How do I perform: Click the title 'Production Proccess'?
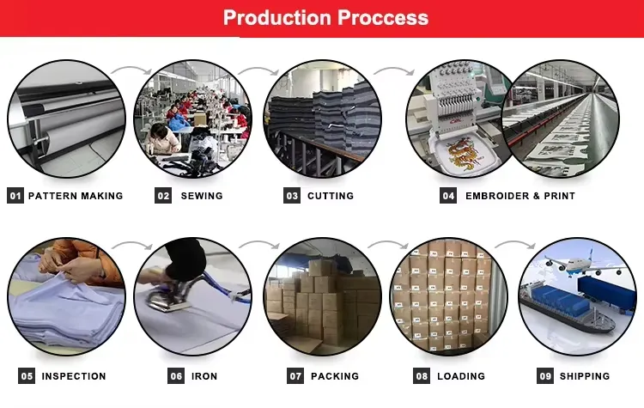pos(325,18)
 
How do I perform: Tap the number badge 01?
pos(15,196)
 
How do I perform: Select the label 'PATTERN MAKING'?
pos(76,196)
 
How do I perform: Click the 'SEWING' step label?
pos(202,196)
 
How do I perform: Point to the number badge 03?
pos(292,196)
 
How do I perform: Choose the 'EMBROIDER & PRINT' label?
pos(519,196)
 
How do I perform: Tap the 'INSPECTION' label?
pos(74,376)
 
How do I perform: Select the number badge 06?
pos(176,376)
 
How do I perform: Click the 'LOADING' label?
pos(461,376)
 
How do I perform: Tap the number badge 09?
pos(545,376)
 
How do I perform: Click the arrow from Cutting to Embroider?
pos(388,72)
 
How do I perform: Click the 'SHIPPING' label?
pos(585,376)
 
